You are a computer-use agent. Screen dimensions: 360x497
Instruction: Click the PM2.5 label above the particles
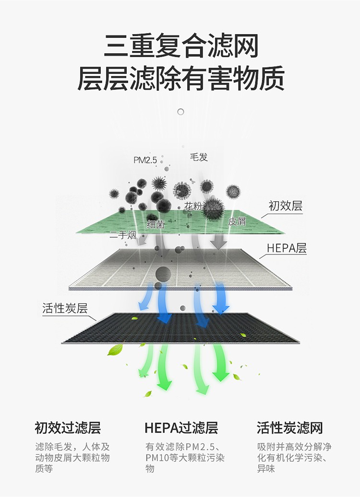click(x=145, y=160)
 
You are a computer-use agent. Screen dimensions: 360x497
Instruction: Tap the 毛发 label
click(x=199, y=157)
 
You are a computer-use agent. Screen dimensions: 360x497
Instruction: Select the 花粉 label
click(x=193, y=206)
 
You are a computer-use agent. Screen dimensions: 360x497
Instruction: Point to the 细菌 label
click(x=156, y=224)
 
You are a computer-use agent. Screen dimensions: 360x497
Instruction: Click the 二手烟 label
click(x=123, y=235)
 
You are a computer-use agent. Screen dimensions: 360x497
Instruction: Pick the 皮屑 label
click(x=237, y=221)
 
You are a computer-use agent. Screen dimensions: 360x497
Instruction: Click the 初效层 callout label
click(x=286, y=206)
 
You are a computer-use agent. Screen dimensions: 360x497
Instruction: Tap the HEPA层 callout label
click(x=287, y=248)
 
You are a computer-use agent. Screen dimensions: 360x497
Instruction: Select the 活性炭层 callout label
click(x=65, y=308)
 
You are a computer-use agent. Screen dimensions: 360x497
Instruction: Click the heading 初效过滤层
click(x=68, y=427)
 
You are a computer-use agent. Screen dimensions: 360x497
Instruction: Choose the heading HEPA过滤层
click(x=181, y=427)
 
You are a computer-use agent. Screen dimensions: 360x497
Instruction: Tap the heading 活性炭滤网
click(x=289, y=427)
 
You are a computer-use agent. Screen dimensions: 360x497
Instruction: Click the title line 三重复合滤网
click(x=181, y=46)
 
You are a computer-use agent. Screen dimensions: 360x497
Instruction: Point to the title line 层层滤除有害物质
click(x=181, y=78)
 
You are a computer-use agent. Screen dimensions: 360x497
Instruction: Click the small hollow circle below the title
click(x=180, y=112)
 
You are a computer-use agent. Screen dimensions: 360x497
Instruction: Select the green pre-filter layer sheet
click(x=180, y=221)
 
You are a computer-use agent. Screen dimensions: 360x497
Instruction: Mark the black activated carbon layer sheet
click(x=180, y=328)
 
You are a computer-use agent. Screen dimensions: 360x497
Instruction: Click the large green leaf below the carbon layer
click(x=115, y=350)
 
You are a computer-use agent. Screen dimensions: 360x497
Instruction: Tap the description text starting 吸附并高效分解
click(x=294, y=458)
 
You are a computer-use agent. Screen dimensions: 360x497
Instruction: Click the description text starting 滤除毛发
click(x=72, y=458)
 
